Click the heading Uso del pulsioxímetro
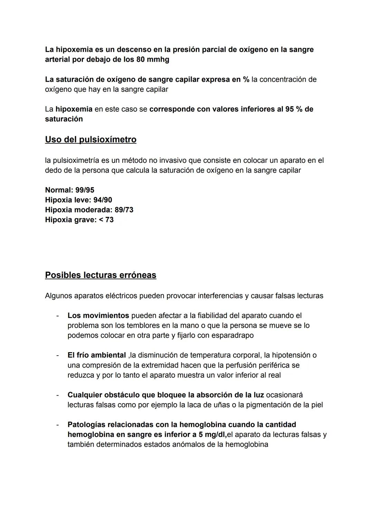90,140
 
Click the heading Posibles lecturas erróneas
101,275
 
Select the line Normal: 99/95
69,190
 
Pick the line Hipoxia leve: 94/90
78,200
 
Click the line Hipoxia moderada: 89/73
89,210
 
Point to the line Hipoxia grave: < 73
79,220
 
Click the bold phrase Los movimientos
98,316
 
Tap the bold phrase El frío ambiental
96,355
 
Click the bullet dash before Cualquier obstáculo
58,395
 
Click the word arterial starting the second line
57,60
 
